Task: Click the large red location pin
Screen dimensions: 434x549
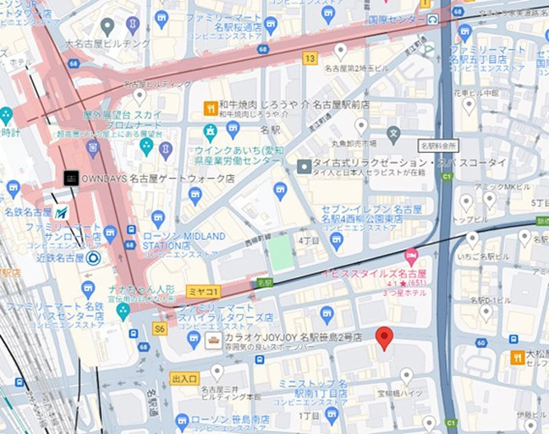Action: (384, 338)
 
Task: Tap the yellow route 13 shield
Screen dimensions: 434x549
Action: (309, 58)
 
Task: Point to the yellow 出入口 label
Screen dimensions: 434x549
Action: (184, 378)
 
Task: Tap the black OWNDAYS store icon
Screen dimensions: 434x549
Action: (72, 178)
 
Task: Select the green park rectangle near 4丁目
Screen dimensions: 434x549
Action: (281, 253)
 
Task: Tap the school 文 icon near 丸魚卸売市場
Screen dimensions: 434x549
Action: (393, 132)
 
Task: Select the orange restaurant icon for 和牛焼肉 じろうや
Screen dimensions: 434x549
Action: (210, 108)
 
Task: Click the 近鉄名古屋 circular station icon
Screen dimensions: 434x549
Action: (93, 258)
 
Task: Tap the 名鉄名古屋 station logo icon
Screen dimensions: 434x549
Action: (63, 212)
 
